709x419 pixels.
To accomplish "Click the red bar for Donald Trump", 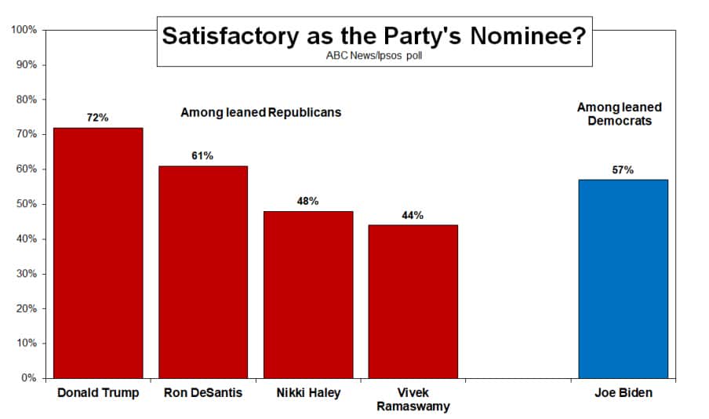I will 98,252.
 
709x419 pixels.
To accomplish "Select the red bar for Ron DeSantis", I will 203,271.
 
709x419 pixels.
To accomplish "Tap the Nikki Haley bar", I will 308,294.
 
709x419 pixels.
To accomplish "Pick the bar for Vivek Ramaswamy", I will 413,301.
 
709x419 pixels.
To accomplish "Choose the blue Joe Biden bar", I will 623,279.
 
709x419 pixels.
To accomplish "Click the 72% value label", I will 98,118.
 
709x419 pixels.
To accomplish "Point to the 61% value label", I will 202,156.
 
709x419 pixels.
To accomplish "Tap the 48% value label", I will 307,202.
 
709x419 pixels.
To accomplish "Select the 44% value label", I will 413,215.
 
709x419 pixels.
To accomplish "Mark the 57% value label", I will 623,170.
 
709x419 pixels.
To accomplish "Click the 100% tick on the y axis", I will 24,30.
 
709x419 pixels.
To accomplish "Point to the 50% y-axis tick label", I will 26,204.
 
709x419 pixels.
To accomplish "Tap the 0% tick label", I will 29,378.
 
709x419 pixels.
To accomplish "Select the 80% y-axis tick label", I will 26,100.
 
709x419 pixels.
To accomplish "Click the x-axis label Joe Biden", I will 623,393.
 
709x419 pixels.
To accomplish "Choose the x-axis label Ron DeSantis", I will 203,393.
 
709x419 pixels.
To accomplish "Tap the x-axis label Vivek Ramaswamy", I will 413,399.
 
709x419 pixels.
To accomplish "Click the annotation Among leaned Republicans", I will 261,112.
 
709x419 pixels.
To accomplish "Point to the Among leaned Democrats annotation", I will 620,114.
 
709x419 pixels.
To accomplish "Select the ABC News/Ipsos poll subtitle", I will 374,56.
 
